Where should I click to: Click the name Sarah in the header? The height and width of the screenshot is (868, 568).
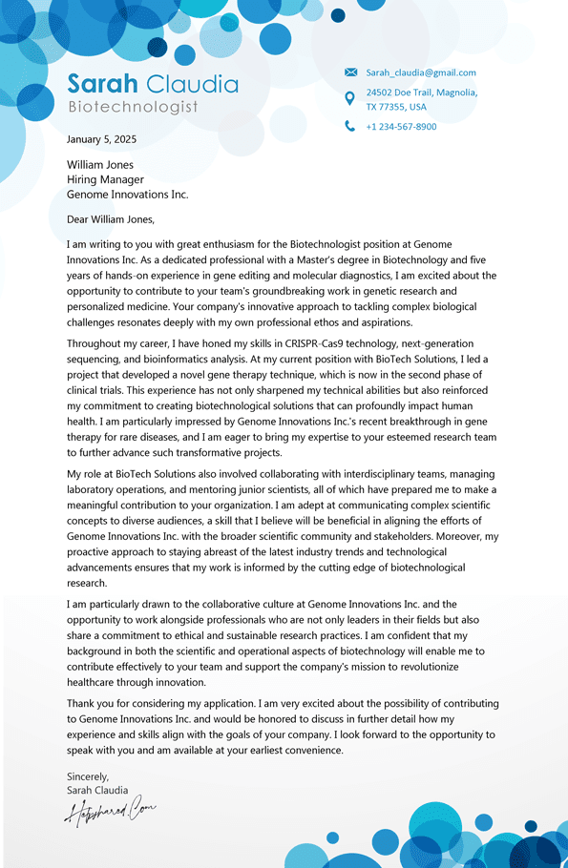click(103, 84)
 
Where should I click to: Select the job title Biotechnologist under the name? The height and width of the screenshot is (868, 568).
click(133, 107)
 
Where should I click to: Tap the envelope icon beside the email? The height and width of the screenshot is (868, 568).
click(350, 72)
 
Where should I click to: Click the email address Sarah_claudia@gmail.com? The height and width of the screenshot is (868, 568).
click(421, 72)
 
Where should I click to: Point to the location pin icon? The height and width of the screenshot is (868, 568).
click(350, 98)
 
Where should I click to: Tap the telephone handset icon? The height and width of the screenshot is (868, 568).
click(350, 126)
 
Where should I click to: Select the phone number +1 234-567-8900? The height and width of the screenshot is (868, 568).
click(401, 127)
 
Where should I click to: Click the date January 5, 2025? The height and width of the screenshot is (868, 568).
click(101, 139)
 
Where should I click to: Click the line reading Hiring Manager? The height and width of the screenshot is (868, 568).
click(105, 179)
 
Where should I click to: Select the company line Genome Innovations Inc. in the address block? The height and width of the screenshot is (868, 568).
click(127, 195)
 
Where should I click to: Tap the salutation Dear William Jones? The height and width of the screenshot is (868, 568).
click(111, 219)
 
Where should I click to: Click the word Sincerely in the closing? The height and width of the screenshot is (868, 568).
click(88, 776)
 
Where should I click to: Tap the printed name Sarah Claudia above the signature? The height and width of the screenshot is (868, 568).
click(97, 790)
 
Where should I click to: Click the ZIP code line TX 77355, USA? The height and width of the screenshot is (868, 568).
click(396, 107)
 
